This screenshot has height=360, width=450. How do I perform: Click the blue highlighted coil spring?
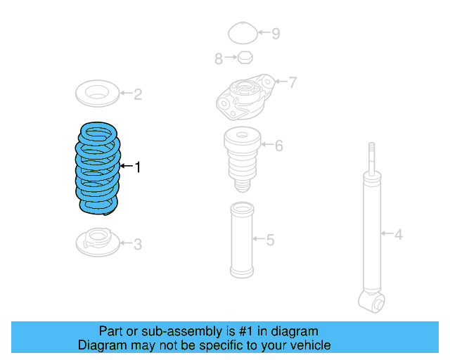[98, 169]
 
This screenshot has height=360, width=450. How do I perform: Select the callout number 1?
[138, 167]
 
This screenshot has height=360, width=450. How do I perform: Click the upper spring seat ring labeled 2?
[96, 93]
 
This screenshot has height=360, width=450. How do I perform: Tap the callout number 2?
[138, 94]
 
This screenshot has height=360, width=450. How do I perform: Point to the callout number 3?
[138, 244]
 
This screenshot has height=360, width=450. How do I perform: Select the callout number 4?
[399, 234]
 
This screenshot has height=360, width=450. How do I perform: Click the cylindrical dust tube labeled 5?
[241, 240]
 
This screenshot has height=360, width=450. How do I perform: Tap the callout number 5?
[270, 240]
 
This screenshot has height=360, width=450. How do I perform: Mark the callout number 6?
[279, 146]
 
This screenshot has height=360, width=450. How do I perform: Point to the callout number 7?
[292, 83]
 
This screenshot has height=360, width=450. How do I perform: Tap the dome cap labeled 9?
[243, 32]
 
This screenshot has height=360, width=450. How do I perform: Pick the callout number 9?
[276, 33]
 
